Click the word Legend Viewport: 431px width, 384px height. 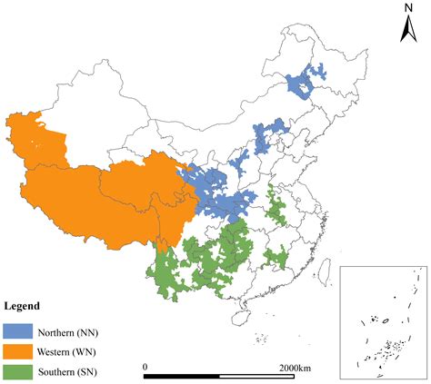pos(22,306)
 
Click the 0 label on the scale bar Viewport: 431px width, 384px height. pos(145,366)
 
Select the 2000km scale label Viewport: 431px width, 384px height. pos(295,366)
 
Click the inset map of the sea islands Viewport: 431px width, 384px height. pos(382,321)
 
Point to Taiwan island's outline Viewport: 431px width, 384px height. pos(321,267)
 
